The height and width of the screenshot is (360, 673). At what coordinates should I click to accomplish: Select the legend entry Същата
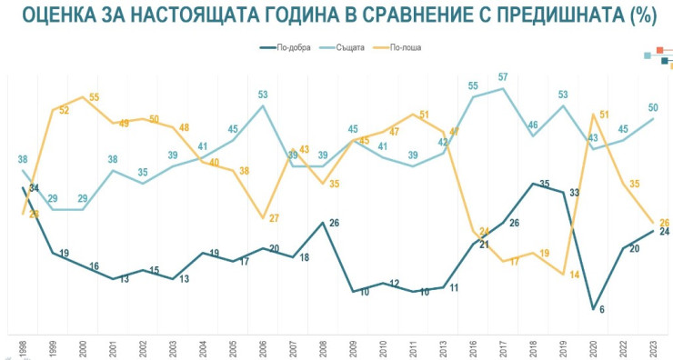tap(349, 47)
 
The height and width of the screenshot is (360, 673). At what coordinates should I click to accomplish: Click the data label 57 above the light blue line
tap(503, 77)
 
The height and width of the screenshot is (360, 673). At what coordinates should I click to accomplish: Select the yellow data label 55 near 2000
tap(94, 97)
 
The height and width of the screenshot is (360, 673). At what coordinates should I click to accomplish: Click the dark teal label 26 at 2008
tap(334, 224)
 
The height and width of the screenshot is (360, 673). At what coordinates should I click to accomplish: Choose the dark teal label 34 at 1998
tap(34, 187)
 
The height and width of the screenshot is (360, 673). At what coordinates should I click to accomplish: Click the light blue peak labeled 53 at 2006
tap(262, 95)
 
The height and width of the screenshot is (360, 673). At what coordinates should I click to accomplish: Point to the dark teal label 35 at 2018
tap(545, 183)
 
